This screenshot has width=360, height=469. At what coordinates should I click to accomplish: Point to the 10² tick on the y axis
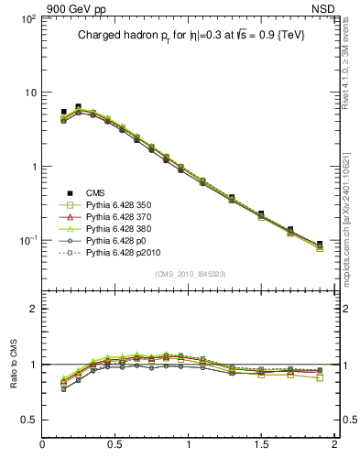tap(27, 18)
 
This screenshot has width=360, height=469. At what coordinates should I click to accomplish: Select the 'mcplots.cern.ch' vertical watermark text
tap(350, 220)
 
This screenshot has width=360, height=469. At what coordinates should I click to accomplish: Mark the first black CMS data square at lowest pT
tap(63, 112)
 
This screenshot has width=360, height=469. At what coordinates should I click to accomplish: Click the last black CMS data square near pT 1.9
tap(320, 244)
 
